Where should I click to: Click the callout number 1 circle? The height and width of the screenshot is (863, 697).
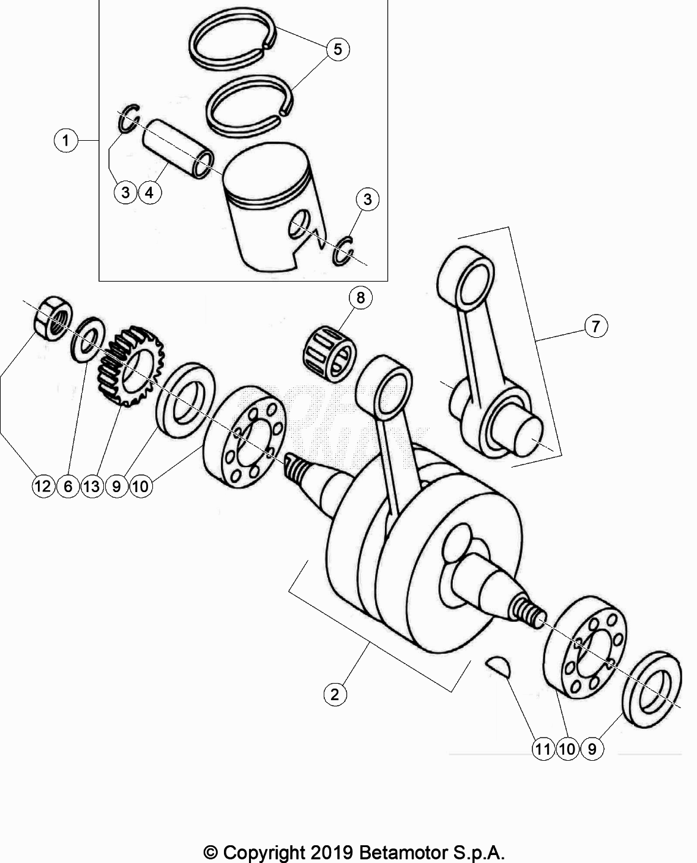point(65,141)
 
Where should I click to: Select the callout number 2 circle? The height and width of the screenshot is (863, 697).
point(335,694)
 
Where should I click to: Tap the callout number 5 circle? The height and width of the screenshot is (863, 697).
point(338,49)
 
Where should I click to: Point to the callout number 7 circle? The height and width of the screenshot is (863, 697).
point(595,326)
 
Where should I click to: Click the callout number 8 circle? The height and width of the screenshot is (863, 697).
point(360,297)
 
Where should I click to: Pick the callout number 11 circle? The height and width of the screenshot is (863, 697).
point(543,749)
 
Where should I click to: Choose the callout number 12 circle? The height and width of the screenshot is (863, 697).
point(43,487)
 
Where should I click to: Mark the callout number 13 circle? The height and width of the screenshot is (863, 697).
point(91,487)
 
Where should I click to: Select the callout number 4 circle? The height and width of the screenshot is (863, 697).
point(150,192)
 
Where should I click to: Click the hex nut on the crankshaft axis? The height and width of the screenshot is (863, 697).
point(52,317)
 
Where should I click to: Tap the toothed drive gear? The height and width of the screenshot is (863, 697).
point(130,367)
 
